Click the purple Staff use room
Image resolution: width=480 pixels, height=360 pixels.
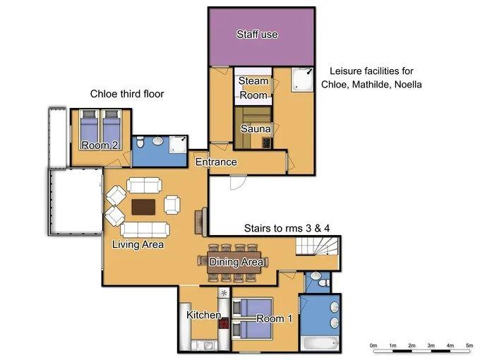262,37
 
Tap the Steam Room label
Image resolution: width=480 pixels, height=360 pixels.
253,88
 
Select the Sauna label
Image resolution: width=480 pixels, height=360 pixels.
256,129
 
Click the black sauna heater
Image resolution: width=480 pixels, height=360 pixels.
267,143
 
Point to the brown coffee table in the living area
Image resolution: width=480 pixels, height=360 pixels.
143,207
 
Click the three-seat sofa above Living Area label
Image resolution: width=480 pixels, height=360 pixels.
145,229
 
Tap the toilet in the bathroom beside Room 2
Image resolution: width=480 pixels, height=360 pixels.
140,142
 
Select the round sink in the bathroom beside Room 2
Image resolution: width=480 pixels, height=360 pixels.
158,140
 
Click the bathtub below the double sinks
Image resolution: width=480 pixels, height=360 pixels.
320,344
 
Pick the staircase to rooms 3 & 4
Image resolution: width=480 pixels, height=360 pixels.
317,246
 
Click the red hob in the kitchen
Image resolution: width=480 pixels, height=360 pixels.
224,323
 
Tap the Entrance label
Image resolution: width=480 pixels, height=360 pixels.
216,162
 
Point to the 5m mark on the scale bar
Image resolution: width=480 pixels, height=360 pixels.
469,345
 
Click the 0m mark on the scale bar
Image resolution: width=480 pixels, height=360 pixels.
373,345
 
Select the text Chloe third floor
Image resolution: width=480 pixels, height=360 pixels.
127,94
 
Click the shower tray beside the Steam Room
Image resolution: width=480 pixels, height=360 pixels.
302,80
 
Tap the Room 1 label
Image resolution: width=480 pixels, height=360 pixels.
275,318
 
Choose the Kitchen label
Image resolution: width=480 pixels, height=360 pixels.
204,315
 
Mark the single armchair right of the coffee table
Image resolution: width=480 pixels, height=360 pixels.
172,205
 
